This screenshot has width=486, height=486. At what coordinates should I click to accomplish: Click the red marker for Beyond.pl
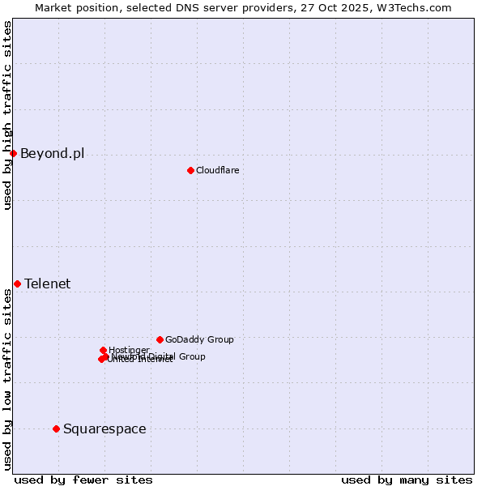(13, 153)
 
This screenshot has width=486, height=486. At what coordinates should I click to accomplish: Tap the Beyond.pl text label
(52, 154)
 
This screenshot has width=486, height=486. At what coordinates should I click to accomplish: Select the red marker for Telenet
(17, 283)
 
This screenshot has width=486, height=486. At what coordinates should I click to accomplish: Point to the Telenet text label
(47, 283)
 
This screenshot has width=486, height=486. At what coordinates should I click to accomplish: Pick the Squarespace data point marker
(56, 428)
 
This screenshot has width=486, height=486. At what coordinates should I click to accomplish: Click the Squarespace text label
(104, 428)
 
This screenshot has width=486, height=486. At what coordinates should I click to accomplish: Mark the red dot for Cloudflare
(190, 170)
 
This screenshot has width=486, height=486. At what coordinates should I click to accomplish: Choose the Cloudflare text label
(217, 170)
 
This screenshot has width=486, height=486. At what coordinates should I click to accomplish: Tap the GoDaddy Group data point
(160, 339)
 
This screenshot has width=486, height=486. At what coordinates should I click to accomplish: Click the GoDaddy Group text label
(199, 339)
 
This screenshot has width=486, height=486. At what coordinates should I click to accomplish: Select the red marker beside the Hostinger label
(103, 350)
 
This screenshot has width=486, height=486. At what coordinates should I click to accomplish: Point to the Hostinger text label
(129, 350)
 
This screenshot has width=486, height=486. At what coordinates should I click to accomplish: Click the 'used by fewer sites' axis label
(83, 480)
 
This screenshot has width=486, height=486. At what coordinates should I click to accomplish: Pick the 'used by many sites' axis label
(407, 480)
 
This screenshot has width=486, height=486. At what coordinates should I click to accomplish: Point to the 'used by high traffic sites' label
(7, 115)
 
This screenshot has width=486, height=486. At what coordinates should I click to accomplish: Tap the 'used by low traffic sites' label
(7, 379)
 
